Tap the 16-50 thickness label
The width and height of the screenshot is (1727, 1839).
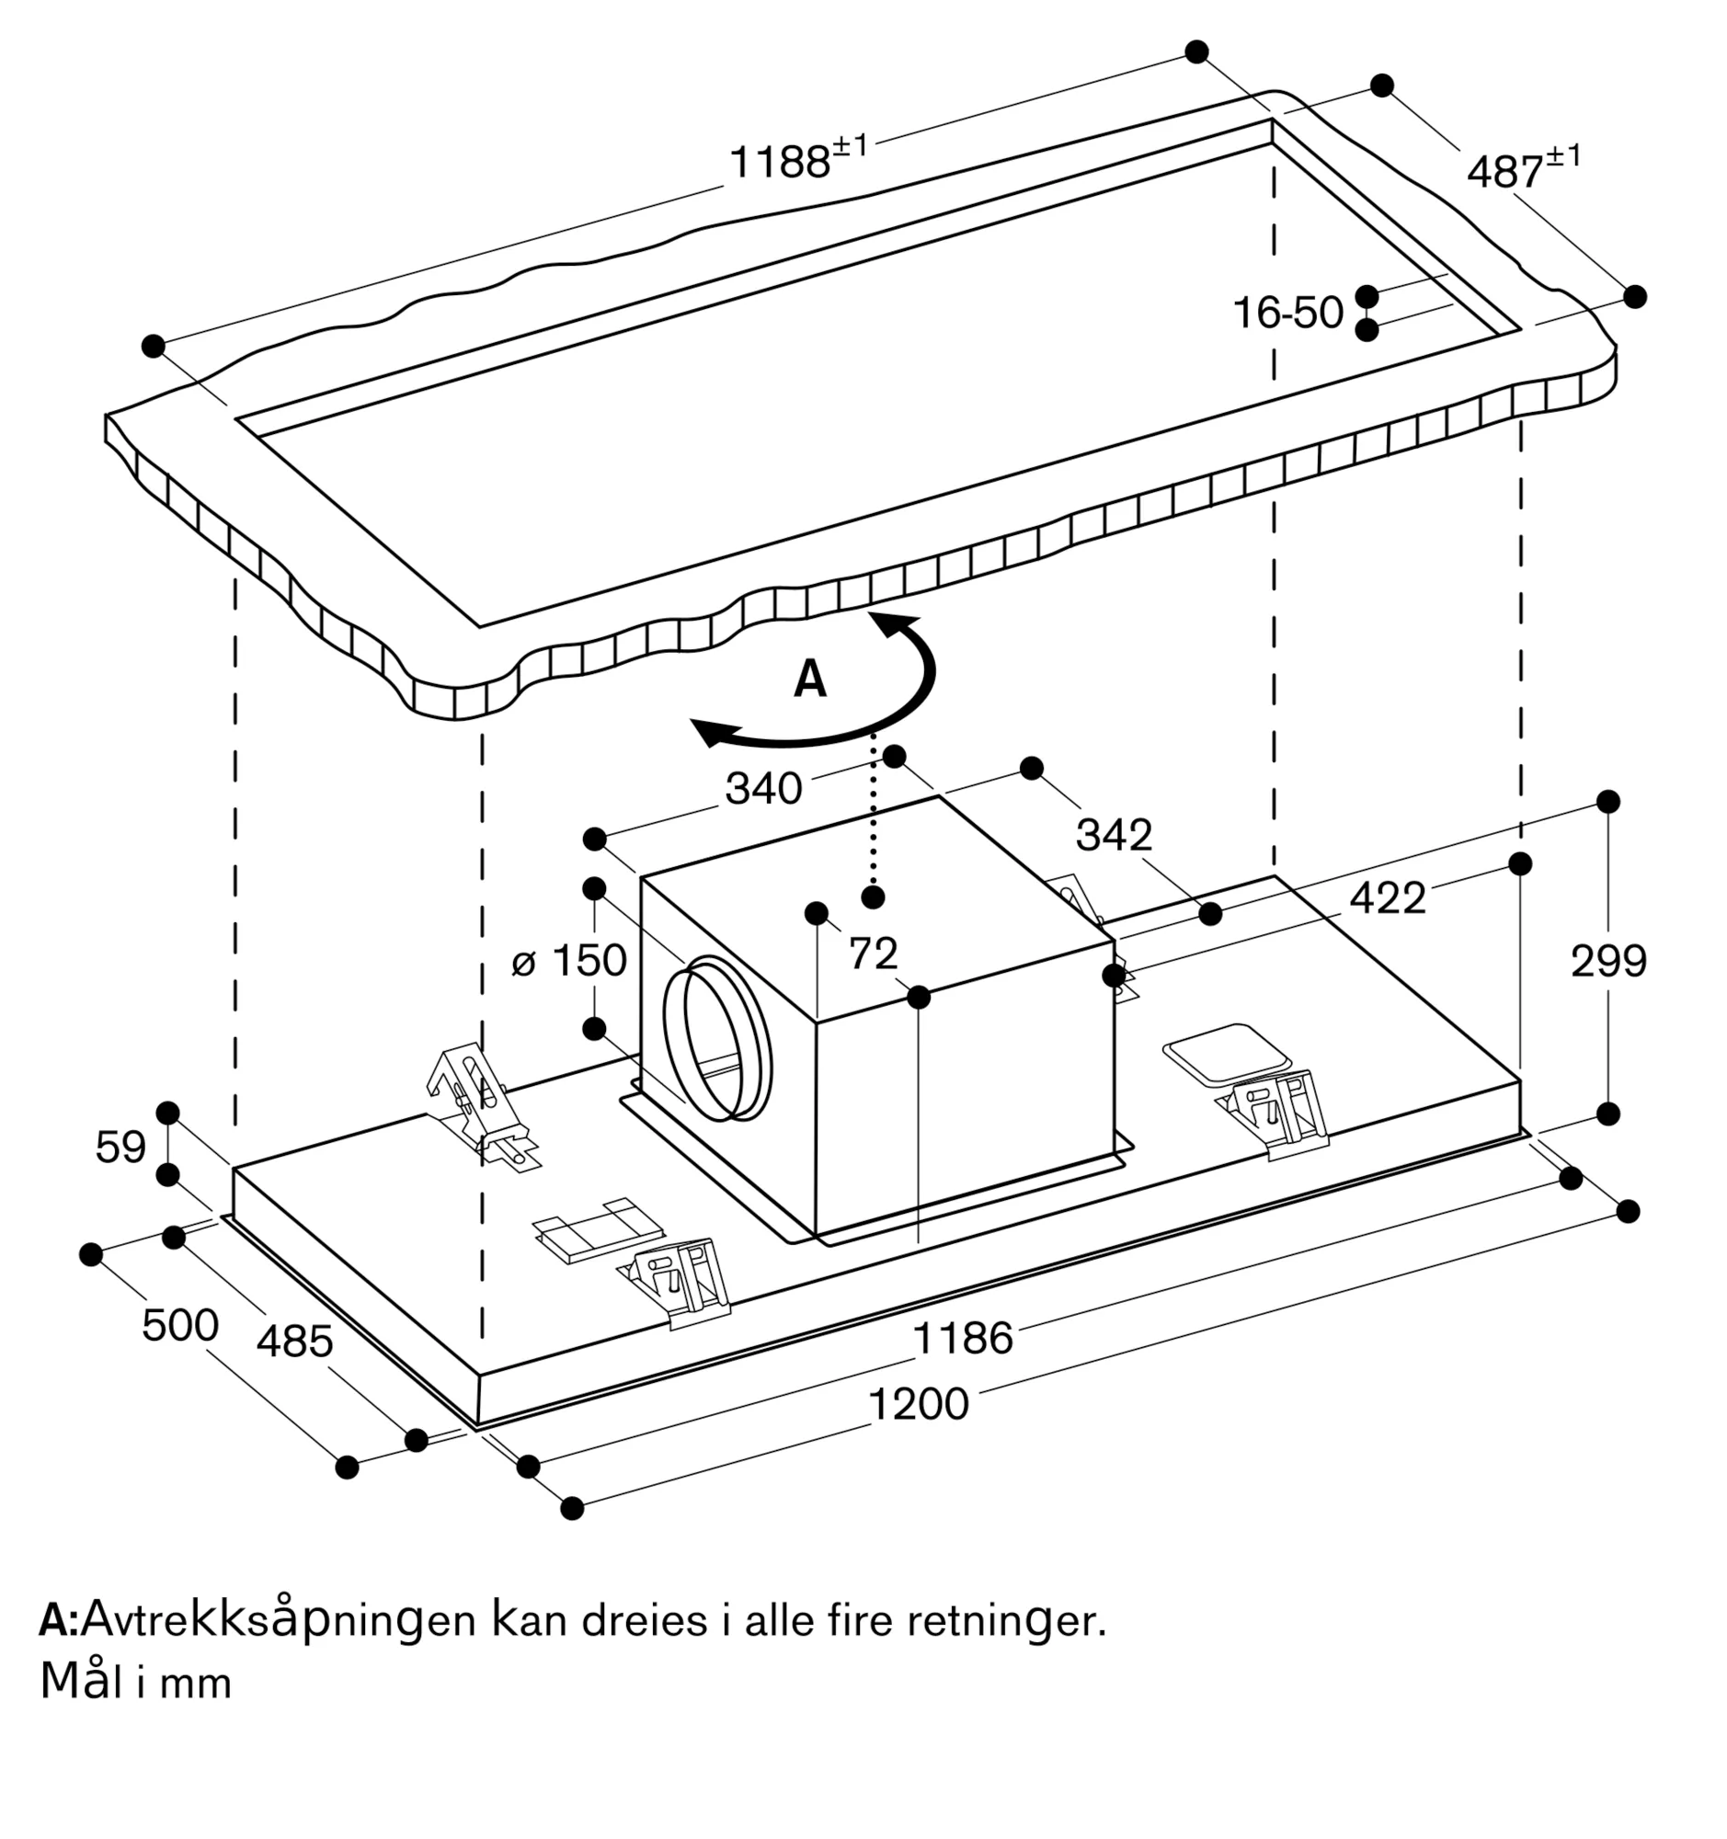pos(1287,313)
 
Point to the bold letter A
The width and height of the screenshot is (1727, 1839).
pos(809,680)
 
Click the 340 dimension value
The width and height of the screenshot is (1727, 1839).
pos(763,789)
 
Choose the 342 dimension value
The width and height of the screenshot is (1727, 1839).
pos(1114,835)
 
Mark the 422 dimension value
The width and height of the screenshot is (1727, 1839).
pos(1387,898)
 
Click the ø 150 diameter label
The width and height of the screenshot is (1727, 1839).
pos(569,960)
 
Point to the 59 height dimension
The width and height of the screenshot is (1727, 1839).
pos(120,1148)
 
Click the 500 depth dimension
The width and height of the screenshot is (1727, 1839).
pos(179,1326)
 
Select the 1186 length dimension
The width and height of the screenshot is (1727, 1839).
pos(963,1339)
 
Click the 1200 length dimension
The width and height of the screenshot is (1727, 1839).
pos(919,1404)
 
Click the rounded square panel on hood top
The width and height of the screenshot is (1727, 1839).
pos(1226,1054)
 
